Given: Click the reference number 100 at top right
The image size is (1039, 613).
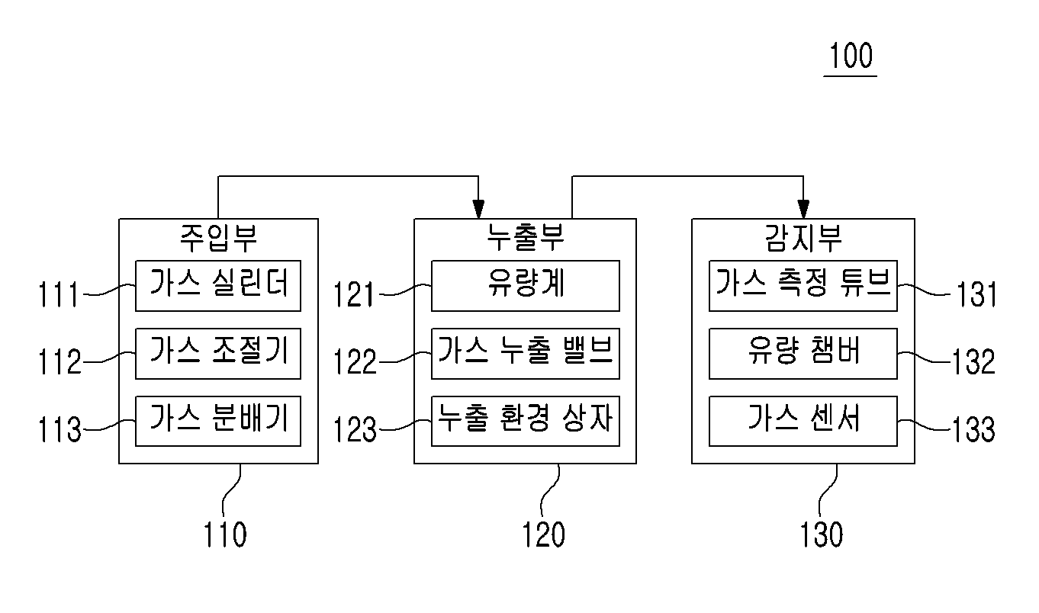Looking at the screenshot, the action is click(x=851, y=56).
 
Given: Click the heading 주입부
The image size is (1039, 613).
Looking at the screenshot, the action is click(x=218, y=238).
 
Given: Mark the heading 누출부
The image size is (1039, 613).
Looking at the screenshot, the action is click(x=525, y=237).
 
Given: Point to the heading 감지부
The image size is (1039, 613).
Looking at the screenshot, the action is click(x=803, y=238).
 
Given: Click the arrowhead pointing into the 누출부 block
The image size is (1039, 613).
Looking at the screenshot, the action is click(x=478, y=209).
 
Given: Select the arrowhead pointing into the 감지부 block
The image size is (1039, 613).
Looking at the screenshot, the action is click(x=803, y=209).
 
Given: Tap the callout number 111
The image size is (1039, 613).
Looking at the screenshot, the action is click(x=58, y=294).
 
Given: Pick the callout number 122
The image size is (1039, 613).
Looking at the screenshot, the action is click(x=355, y=361).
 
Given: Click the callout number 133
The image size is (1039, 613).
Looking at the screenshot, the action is click(x=973, y=429).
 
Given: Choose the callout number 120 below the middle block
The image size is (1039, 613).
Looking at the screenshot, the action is click(x=544, y=534).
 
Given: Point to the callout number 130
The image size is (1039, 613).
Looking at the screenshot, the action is click(x=822, y=534).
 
